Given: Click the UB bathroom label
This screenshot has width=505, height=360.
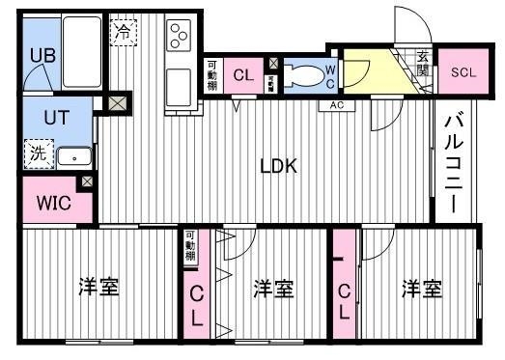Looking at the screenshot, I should click(x=41, y=56).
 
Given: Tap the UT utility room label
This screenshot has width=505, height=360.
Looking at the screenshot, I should click(x=42, y=118).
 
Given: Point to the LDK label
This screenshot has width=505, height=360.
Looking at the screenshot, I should click(x=278, y=165).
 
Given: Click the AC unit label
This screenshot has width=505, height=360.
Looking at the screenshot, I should click(x=337, y=104).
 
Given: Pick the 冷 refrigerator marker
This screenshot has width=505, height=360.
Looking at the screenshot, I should click(x=123, y=32).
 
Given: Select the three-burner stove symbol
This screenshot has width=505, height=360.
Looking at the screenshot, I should click(x=180, y=37).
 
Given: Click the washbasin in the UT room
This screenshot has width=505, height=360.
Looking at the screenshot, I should click(x=72, y=155).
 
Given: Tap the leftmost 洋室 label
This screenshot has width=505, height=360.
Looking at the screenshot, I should click(x=99, y=287).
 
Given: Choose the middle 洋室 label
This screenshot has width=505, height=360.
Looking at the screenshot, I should click(x=273, y=288).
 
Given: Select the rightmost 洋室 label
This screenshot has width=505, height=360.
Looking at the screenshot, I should click(x=422, y=288).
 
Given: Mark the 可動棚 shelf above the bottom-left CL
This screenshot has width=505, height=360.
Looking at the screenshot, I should click(x=190, y=247).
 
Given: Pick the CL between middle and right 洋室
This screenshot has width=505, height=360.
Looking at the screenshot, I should click(x=345, y=300).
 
